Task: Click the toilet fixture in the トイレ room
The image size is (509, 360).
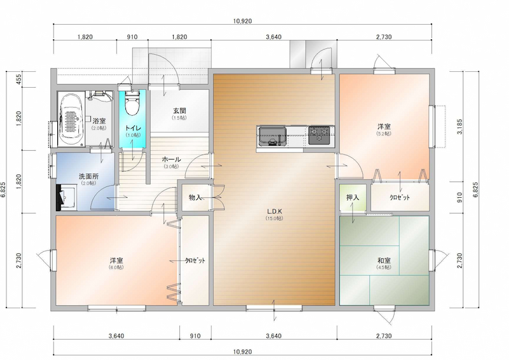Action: pos(132,102)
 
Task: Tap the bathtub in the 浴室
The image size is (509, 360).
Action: pos(71,118)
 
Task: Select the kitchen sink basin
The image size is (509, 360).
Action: pos(272,136)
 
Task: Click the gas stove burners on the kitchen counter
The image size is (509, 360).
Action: pos(319,135)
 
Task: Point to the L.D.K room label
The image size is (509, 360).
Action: pos(275,211)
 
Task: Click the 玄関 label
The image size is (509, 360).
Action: pos(179,111)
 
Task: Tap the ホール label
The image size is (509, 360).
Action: pos(171,160)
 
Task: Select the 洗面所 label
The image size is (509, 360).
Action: pos(88,176)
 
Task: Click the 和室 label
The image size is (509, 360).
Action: pos(384,260)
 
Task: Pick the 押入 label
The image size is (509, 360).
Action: pos(352,197)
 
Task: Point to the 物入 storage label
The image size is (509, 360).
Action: pos(195,197)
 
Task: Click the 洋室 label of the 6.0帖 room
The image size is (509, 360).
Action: pos(116,260)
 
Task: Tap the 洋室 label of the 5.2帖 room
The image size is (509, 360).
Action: pos(384,127)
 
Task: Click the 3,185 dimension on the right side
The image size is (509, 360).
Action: pos(459,127)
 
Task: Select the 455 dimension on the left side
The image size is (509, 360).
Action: pos(18,80)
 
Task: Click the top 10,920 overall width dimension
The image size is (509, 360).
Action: pos(242,21)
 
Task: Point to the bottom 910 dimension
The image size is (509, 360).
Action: pos(195,336)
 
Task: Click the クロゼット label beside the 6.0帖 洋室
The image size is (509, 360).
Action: pos(195,260)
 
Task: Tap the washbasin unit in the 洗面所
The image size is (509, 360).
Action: pos(66,198)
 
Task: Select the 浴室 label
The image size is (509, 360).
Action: pos(99,121)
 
